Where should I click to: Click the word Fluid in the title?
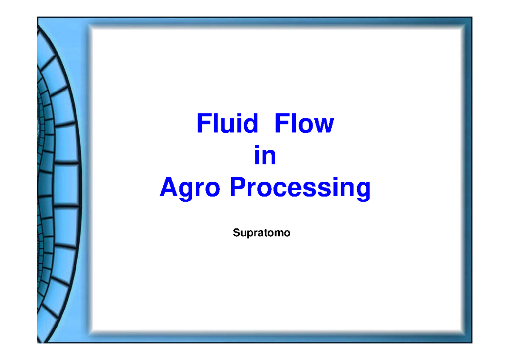[227, 124]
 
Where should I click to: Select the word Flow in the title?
[304, 124]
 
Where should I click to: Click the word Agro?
[190, 188]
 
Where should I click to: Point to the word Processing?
[300, 188]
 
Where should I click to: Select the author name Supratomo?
[261, 233]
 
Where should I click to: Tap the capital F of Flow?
[280, 124]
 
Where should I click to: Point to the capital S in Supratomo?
[235, 233]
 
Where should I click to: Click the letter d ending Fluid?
[251, 124]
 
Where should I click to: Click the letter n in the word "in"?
[270, 157]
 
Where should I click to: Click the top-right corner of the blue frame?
[472, 17]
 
